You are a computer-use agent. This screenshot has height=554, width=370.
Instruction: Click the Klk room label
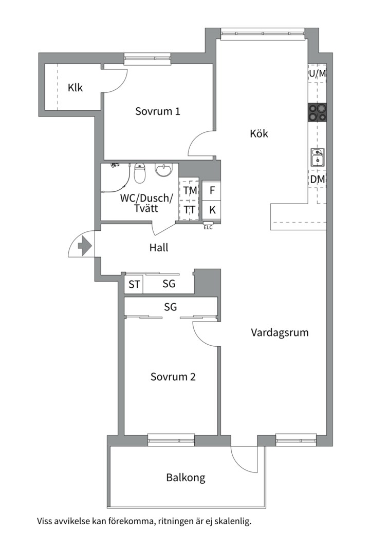click(75, 88)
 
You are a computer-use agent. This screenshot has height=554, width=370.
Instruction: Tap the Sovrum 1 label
click(158, 111)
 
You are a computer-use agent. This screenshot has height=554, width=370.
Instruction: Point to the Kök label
click(259, 134)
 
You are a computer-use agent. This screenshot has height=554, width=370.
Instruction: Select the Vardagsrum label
click(280, 332)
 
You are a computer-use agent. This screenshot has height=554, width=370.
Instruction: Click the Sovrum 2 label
click(173, 377)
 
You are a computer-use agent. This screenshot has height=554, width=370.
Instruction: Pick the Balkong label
click(186, 478)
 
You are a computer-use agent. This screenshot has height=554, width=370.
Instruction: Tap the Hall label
click(159, 247)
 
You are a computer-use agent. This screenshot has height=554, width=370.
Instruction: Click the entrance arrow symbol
click(84, 246)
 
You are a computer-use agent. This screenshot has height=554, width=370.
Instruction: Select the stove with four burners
click(317, 112)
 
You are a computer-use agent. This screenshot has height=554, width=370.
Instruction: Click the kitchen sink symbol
click(317, 157)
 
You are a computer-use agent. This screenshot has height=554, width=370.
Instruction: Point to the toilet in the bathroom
click(140, 174)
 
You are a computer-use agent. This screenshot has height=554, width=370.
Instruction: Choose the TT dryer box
click(190, 210)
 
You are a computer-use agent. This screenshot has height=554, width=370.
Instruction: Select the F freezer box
click(212, 190)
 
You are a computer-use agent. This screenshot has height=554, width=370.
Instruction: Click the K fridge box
click(212, 210)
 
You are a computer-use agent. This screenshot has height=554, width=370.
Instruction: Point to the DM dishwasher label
click(317, 180)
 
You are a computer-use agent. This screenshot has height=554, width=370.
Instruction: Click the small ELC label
click(208, 227)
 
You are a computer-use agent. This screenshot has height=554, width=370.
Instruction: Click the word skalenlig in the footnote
click(231, 522)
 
